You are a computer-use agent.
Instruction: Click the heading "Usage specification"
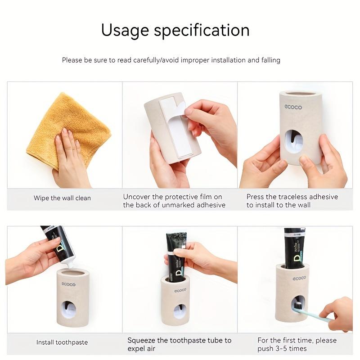click(x=175, y=30)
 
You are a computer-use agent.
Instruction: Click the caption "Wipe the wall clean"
click(x=62, y=198)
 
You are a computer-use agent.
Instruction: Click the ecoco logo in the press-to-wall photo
click(x=293, y=107)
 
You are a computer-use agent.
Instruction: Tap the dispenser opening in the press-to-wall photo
click(x=294, y=141)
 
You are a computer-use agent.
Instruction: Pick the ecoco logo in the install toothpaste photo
click(x=68, y=284)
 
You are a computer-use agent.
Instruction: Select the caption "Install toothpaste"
click(x=62, y=342)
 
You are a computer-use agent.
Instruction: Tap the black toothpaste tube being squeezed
click(x=176, y=254)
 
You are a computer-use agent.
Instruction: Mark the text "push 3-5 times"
click(x=282, y=349)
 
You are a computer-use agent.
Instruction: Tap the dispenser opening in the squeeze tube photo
click(x=180, y=311)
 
